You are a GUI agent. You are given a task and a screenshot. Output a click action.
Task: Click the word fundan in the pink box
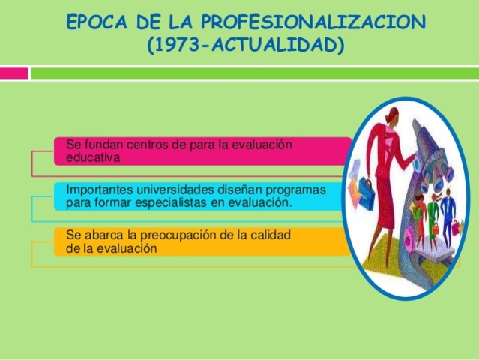[100, 143]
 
